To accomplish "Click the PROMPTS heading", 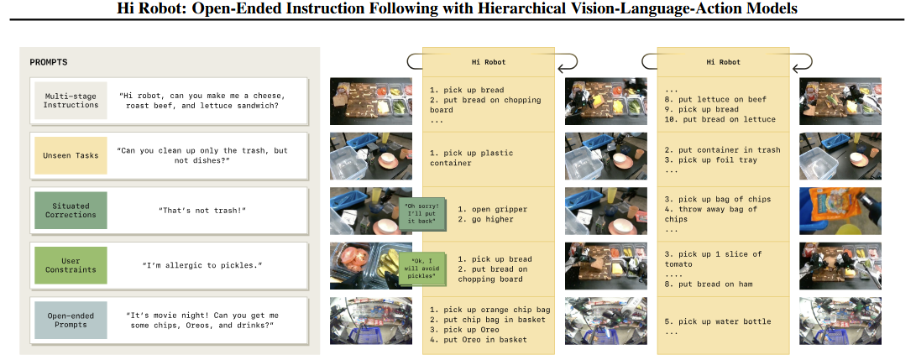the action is pyautogui.click(x=49, y=62).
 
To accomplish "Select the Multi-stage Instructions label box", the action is pyautogui.click(x=71, y=100).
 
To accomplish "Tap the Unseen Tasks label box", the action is pyautogui.click(x=71, y=155).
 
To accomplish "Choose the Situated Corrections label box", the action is pyautogui.click(x=71, y=210).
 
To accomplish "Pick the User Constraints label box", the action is pyautogui.click(x=71, y=265).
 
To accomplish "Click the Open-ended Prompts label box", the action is pyautogui.click(x=71, y=320).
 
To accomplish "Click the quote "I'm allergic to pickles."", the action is pyautogui.click(x=202, y=265).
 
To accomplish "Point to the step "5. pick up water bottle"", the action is pyautogui.click(x=717, y=321).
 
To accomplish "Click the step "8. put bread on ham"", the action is pyautogui.click(x=710, y=284).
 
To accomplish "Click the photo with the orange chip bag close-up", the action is pyautogui.click(x=840, y=209).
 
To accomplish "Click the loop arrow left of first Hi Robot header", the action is pyautogui.click(x=413, y=60).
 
